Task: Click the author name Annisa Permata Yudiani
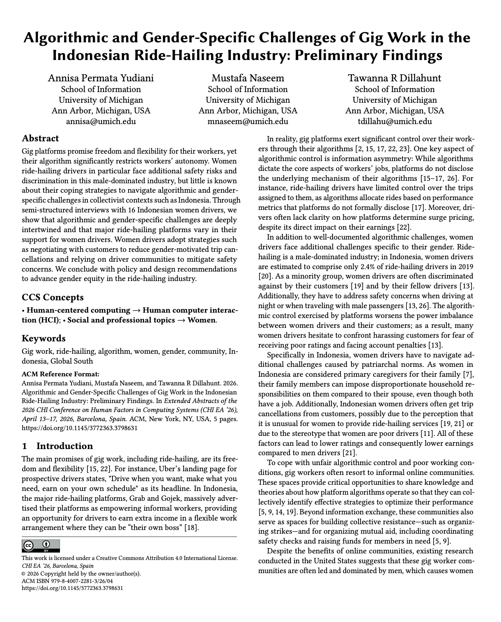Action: click(101, 78)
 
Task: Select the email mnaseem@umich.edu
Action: click(248, 121)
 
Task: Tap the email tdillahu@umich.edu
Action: click(395, 121)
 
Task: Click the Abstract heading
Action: click(40, 138)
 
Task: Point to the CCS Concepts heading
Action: click(53, 297)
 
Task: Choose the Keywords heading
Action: click(44, 339)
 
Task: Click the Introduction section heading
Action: click(64, 446)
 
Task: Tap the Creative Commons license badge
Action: click(41, 546)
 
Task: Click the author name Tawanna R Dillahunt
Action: click(395, 78)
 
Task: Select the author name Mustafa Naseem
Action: click(248, 78)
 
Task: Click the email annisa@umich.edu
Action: click(101, 121)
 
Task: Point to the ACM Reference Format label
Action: click(60, 374)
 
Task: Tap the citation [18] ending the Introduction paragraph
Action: click(191, 528)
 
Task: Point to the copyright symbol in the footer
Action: click(24, 574)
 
